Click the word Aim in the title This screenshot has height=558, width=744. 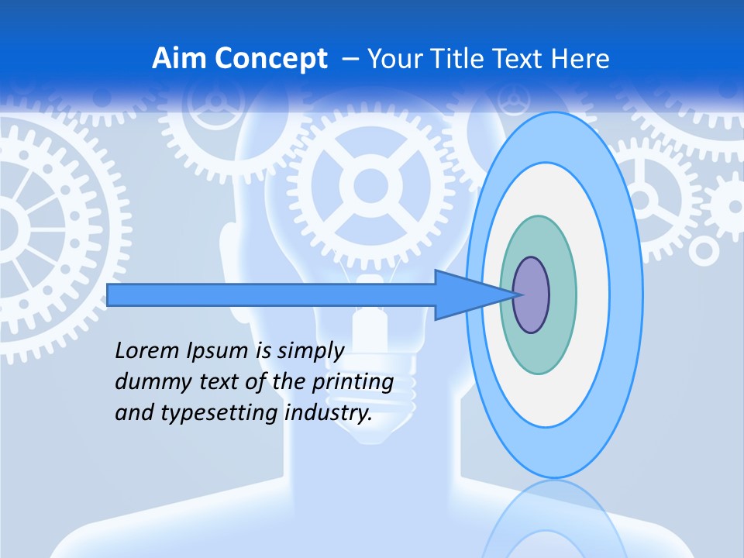(x=179, y=59)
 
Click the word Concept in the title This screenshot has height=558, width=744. (x=270, y=59)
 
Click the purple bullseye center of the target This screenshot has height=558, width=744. (x=532, y=295)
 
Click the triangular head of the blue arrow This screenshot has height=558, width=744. (x=465, y=295)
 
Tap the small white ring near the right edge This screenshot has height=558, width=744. (x=704, y=250)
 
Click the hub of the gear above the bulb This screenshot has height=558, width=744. (x=371, y=186)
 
